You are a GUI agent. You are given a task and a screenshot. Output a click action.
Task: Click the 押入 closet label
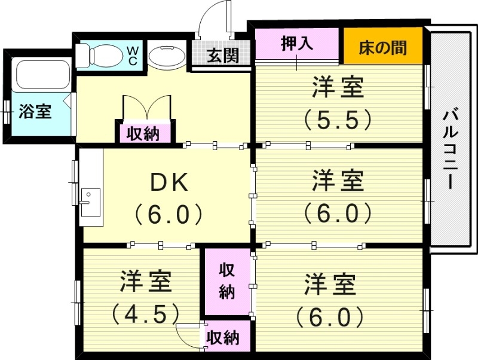pyautogui.click(x=297, y=44)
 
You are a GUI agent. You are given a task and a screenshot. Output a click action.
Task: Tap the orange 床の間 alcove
pyautogui.click(x=383, y=47)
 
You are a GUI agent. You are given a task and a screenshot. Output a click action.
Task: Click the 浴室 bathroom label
pyautogui.click(x=35, y=111)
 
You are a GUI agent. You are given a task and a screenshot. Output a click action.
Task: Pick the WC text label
pyautogui.click(x=132, y=56)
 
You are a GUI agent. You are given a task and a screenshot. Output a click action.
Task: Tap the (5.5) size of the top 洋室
pyautogui.click(x=338, y=120)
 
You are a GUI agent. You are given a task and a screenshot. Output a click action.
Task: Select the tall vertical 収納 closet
pyautogui.click(x=226, y=280)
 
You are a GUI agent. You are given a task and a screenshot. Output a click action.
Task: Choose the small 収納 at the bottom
pyautogui.click(x=223, y=338)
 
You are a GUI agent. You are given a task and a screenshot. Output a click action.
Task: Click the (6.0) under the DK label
pyautogui.click(x=168, y=213)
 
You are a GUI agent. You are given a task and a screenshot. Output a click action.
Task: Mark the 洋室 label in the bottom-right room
pyautogui.click(x=330, y=285)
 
